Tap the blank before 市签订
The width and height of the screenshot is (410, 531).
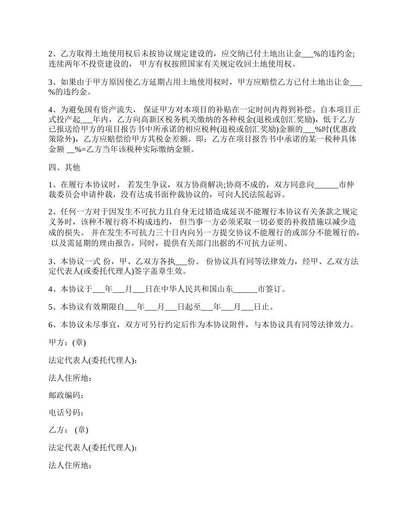247,289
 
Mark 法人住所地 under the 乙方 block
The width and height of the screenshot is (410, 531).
69,465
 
